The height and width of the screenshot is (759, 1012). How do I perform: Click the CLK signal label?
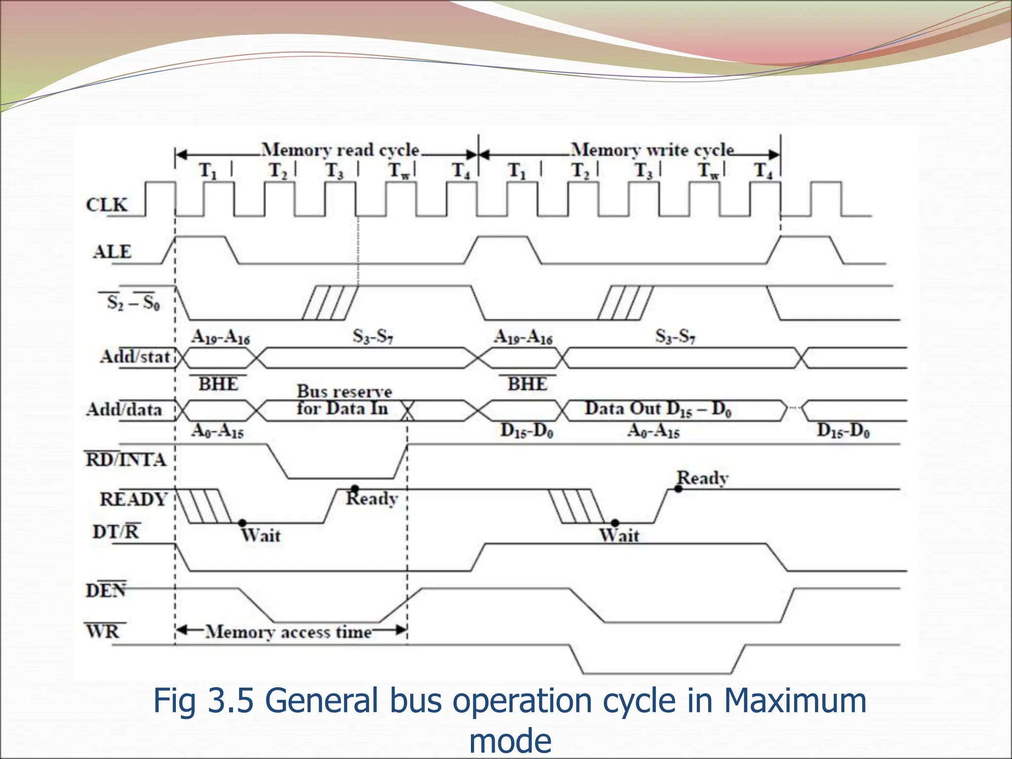click(x=106, y=205)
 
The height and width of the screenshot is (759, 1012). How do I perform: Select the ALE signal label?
click(x=112, y=252)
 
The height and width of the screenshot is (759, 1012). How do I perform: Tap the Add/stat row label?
click(x=135, y=356)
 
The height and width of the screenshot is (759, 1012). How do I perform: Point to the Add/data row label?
click(x=124, y=409)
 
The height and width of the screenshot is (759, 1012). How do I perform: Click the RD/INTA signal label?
click(x=126, y=460)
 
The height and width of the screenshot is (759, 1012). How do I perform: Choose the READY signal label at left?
click(x=133, y=499)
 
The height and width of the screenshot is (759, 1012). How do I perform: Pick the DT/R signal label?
click(x=116, y=532)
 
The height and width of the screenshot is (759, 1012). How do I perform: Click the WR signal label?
click(x=103, y=631)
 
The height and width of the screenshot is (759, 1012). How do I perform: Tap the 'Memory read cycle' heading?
click(x=340, y=150)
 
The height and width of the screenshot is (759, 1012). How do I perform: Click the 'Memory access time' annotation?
click(x=289, y=632)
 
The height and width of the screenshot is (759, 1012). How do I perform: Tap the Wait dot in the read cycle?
click(x=242, y=523)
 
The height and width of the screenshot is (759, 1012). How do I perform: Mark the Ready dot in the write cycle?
click(x=678, y=489)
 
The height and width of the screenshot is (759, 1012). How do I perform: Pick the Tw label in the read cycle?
click(x=399, y=171)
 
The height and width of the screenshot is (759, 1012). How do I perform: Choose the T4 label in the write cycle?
click(x=763, y=171)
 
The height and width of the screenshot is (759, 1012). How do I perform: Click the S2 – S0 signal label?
click(x=133, y=302)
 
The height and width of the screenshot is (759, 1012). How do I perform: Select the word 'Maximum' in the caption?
click(x=795, y=701)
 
